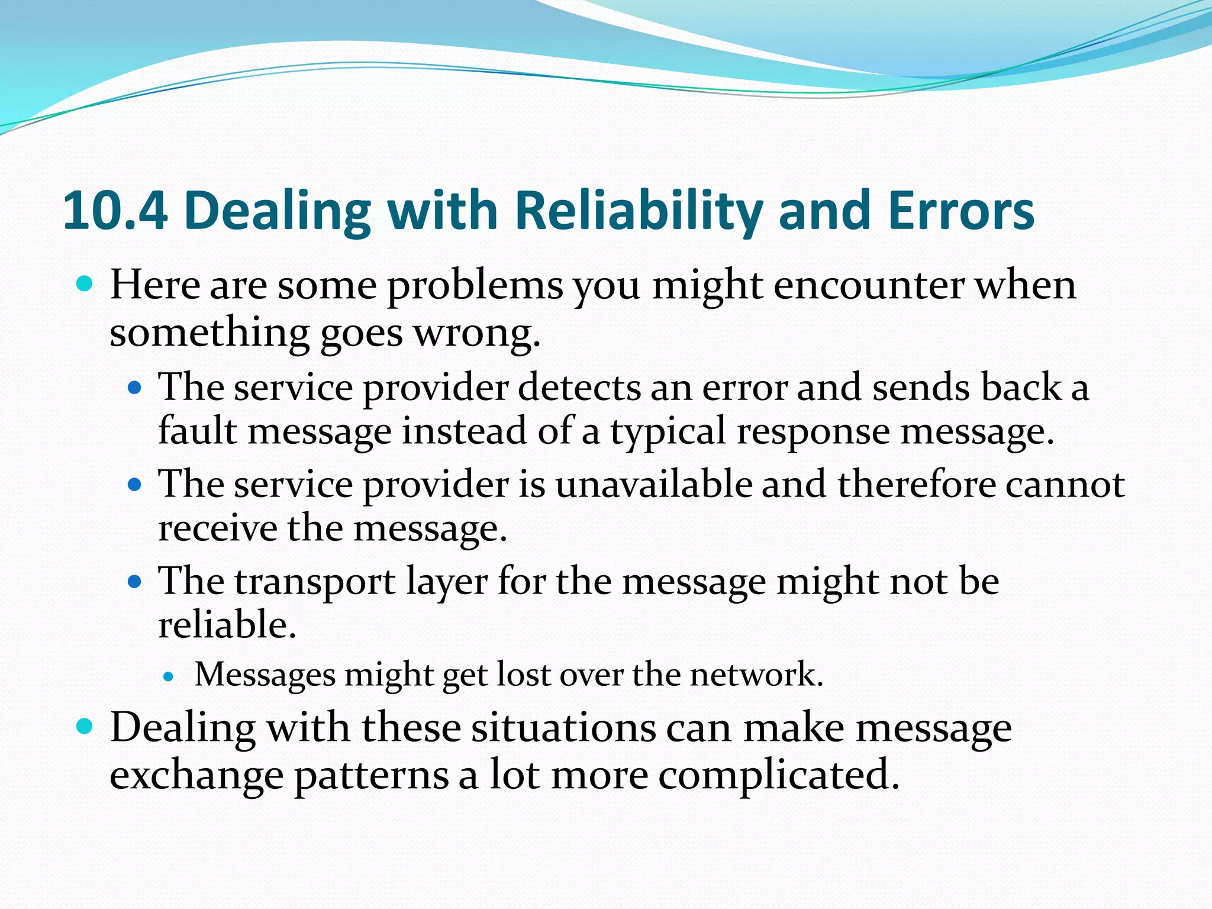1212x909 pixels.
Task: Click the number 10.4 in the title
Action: [x=115, y=211]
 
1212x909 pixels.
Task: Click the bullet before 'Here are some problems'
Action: [x=85, y=284]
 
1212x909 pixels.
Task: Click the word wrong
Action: [x=476, y=334]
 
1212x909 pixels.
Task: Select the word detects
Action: [x=578, y=388]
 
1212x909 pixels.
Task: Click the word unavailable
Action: [x=653, y=485]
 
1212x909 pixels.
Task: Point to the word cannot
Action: [x=1065, y=485]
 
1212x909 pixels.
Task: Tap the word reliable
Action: [x=227, y=626]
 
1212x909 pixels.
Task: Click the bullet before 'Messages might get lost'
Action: [x=169, y=676]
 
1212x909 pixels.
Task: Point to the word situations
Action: [x=563, y=728]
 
